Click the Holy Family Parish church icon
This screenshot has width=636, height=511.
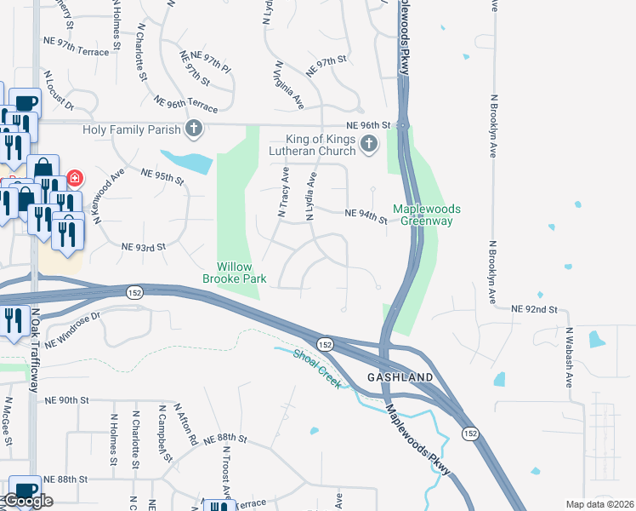(x=195, y=129)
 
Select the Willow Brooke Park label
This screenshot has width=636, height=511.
(x=235, y=273)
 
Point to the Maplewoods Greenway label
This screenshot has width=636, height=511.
(x=427, y=215)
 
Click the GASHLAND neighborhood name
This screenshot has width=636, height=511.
(x=400, y=376)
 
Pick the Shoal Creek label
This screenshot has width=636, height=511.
(x=318, y=368)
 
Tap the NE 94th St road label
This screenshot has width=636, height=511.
(x=366, y=217)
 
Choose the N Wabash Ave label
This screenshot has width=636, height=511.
(x=569, y=357)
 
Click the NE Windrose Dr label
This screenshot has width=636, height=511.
(x=73, y=330)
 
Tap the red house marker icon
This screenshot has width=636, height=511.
(x=76, y=178)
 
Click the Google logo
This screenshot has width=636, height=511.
(x=27, y=501)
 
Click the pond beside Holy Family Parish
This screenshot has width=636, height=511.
(x=186, y=161)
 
